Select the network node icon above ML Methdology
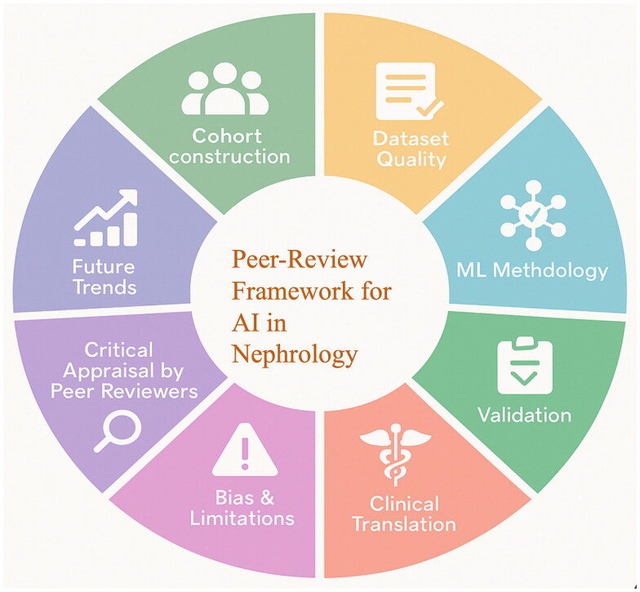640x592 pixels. (534, 213)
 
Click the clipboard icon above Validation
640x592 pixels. (525, 365)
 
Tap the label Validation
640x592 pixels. (524, 415)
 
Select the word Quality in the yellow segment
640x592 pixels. (410, 158)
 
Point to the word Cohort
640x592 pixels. (229, 134)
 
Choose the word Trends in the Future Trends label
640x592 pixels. (103, 287)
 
